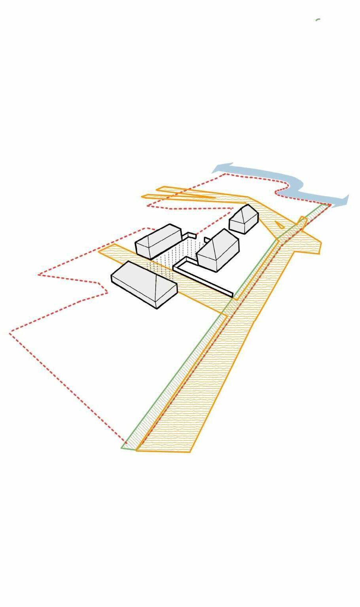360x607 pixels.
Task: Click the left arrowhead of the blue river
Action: click(217, 170)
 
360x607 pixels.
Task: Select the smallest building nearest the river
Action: click(243, 221)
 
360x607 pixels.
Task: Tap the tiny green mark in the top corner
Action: click(318, 19)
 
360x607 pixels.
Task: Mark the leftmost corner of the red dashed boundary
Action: click(10, 333)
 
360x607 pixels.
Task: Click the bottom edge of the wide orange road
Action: click(164, 451)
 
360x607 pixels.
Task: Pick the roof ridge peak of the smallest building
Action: click(247, 207)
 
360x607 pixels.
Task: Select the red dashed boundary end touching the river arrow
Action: click(330, 204)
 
